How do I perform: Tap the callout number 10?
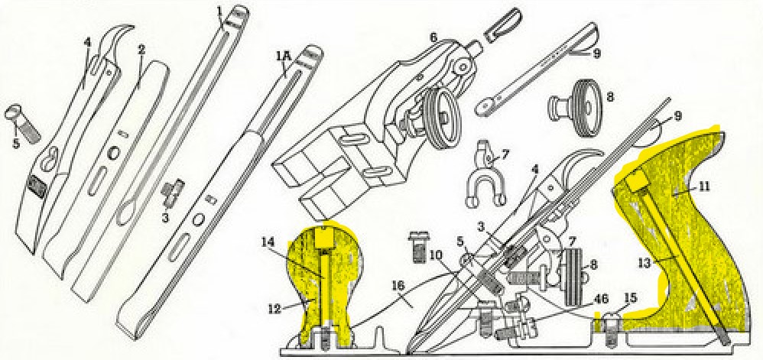437,254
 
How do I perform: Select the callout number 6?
433,36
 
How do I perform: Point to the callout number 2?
141,49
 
